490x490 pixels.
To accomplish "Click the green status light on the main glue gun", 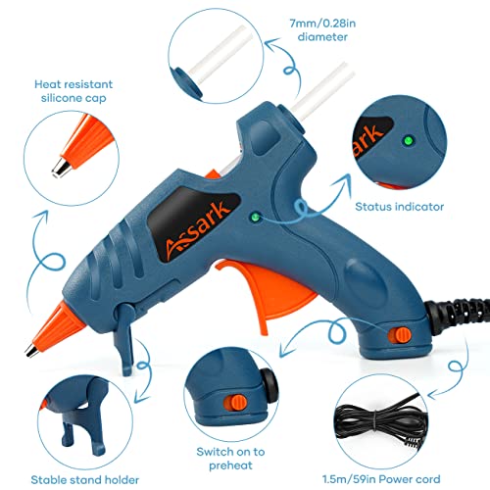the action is [x=255, y=217].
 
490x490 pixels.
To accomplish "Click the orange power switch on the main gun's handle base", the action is [x=399, y=335].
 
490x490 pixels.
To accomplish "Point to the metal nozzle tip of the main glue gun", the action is [x=32, y=351].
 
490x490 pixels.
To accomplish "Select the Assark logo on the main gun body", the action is [x=195, y=228].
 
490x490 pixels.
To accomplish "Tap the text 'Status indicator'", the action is [x=399, y=207].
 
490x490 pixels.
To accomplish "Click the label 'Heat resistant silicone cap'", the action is [x=73, y=91].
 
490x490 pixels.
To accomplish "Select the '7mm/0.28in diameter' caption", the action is [x=322, y=30].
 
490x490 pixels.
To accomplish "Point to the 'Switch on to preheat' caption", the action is [x=230, y=459].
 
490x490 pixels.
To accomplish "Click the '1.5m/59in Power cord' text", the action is [x=381, y=479].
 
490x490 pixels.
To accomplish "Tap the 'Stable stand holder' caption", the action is [x=85, y=480].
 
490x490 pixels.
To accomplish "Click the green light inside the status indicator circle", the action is [x=408, y=141].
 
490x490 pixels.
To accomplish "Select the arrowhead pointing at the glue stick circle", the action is [x=271, y=44].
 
